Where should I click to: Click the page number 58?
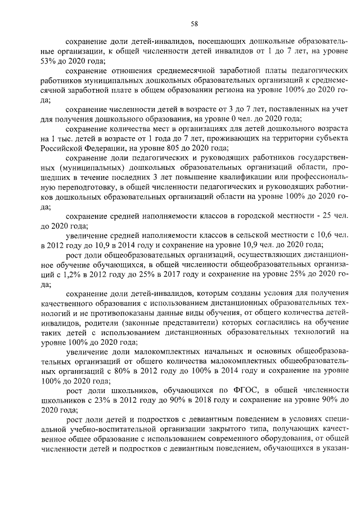[x=194, y=24]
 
